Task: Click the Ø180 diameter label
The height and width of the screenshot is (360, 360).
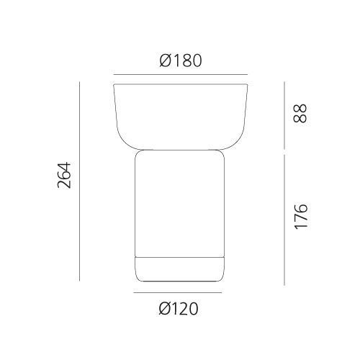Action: [x=181, y=60]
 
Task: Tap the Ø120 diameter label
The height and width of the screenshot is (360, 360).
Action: [x=179, y=309]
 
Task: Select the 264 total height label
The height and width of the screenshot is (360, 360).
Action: [x=64, y=175]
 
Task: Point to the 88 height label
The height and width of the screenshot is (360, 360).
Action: [x=300, y=114]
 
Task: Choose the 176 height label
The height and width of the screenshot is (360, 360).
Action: [x=301, y=217]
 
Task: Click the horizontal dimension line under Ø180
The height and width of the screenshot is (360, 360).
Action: [x=181, y=75]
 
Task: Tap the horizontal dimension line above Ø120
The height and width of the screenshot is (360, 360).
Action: [x=178, y=292]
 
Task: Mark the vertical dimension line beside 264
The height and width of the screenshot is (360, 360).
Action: [x=79, y=181]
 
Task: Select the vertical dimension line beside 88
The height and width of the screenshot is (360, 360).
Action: [x=284, y=115]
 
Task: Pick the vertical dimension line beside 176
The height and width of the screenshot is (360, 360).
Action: [x=284, y=220]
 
